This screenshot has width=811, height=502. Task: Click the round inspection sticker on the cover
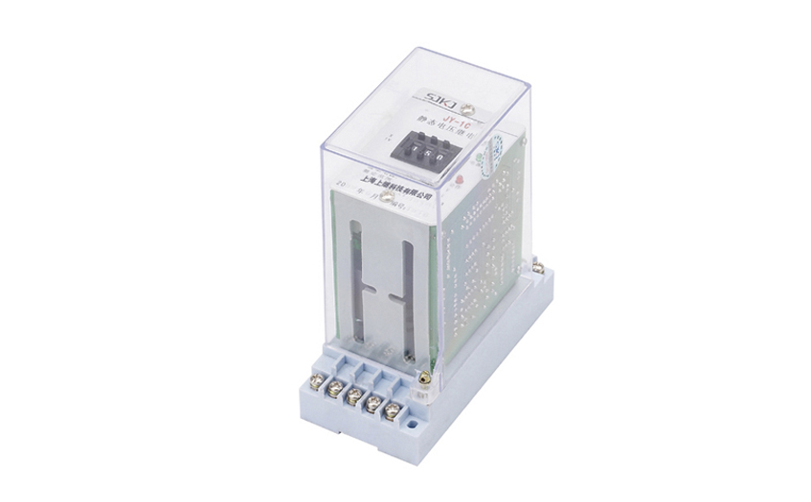[x=496, y=150]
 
